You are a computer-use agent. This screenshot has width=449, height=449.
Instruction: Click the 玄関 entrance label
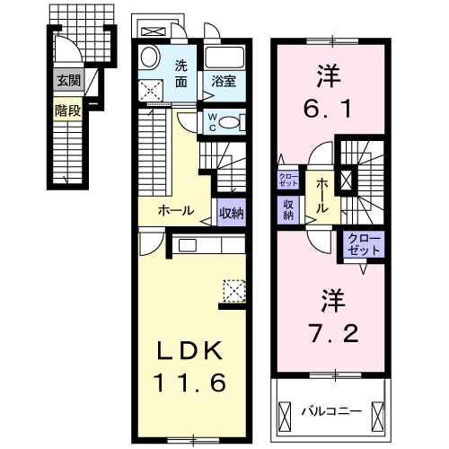(67, 79)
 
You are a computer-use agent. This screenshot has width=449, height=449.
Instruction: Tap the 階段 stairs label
(67, 111)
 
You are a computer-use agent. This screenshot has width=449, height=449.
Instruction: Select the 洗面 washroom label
(181, 74)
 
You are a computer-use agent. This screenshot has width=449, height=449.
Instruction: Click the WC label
(212, 120)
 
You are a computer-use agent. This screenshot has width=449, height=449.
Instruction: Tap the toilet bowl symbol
(230, 122)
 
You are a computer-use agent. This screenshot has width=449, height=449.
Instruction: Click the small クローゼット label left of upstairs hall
(288, 178)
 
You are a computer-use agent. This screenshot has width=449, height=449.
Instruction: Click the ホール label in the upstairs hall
(321, 195)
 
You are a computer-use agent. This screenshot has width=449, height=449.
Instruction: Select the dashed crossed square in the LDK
(234, 288)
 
